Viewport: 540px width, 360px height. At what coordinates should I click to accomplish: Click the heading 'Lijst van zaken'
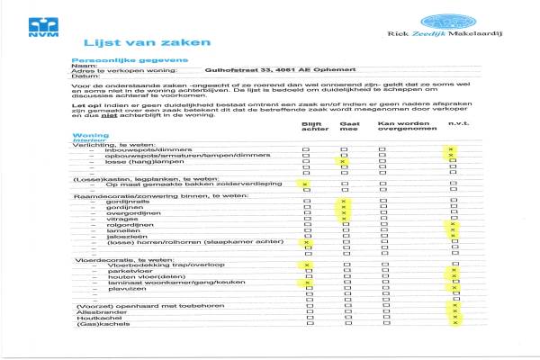pyautogui.click(x=135, y=42)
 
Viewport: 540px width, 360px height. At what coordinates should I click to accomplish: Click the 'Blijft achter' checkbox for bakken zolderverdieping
pyautogui.click(x=306, y=185)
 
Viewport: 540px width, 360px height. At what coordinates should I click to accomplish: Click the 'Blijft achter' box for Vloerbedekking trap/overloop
pyautogui.click(x=306, y=265)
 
